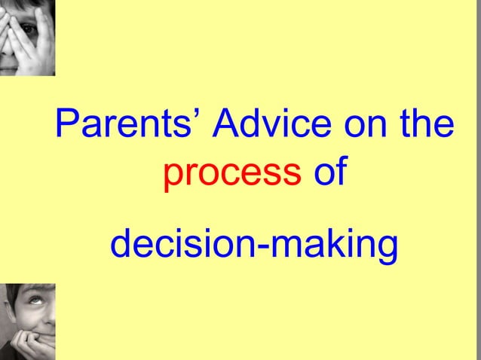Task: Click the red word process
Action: click(232, 173)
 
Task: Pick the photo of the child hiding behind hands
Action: click(27, 38)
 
